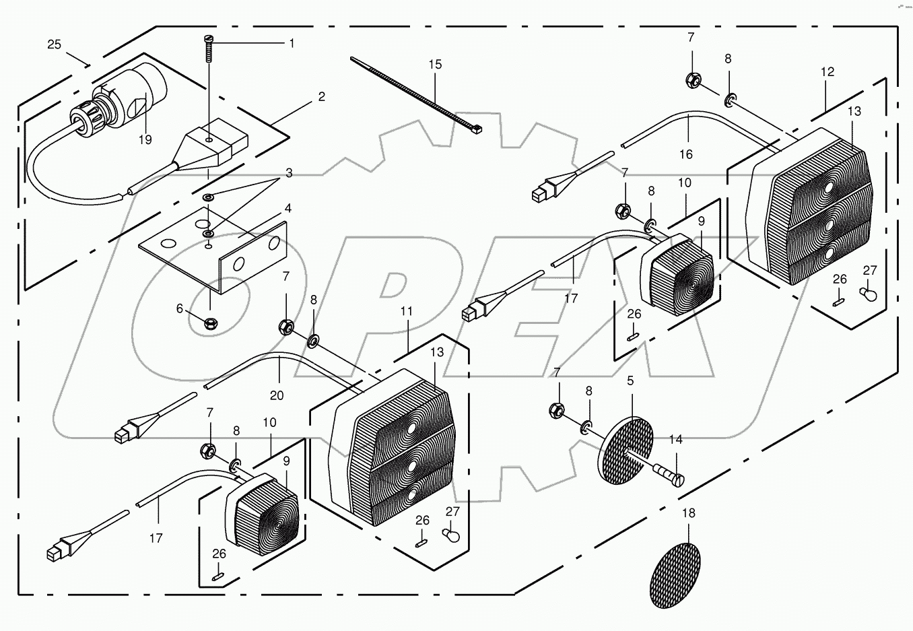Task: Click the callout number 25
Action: point(55,44)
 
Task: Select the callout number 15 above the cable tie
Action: point(435,65)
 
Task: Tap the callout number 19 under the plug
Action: point(145,140)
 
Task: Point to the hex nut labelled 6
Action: point(209,324)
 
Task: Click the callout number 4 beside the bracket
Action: point(288,209)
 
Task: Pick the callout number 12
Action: point(827,71)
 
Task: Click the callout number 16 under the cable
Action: point(685,154)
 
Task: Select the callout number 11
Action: point(406,311)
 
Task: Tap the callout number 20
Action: point(277,395)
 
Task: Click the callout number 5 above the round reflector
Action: point(630,380)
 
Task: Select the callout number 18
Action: point(688,513)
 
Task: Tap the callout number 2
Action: point(322,97)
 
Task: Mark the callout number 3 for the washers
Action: point(288,173)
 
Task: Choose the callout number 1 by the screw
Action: point(292,44)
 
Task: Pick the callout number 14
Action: point(676,439)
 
